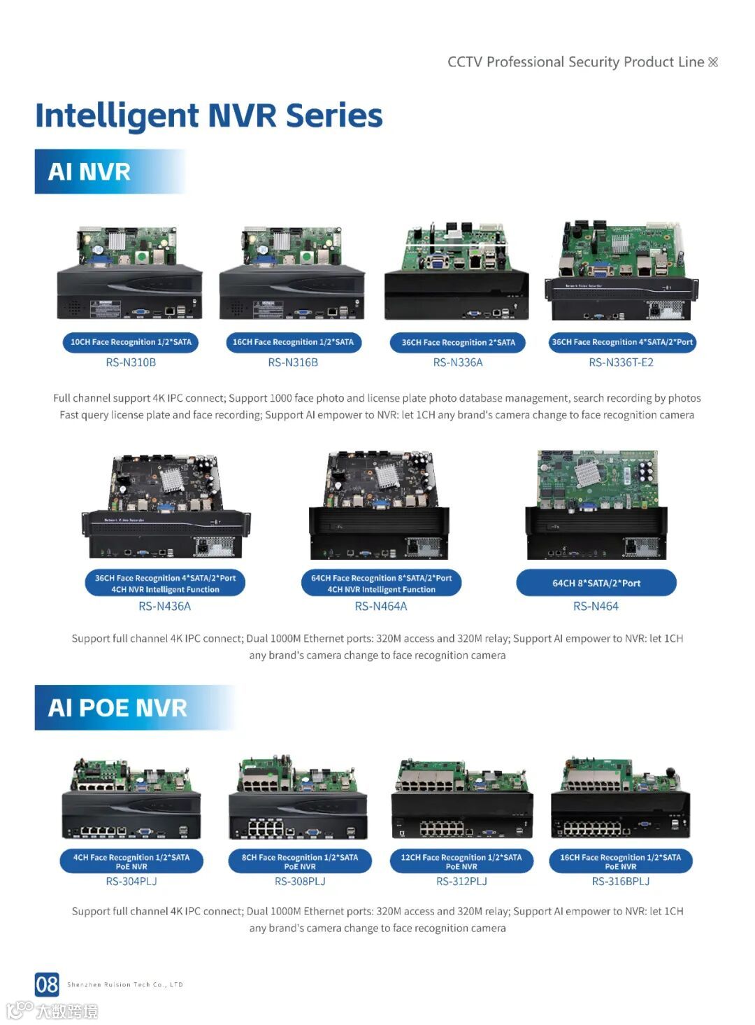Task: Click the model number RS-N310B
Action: point(131,362)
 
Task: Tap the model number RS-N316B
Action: point(293,362)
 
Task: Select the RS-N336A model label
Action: point(458,362)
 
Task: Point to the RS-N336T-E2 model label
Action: point(621,362)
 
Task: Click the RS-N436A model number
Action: point(164,607)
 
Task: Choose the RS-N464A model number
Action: point(381,607)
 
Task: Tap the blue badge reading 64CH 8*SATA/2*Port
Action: point(596,583)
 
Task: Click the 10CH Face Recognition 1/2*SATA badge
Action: point(131,342)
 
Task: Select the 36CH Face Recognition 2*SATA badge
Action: point(458,342)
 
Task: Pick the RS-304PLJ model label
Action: point(131,882)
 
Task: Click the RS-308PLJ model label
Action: point(300,882)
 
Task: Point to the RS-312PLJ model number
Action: point(461,882)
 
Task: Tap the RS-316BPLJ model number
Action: point(621,882)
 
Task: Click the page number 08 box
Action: point(47,984)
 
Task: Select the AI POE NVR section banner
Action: point(135,707)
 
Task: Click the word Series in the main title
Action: point(334,115)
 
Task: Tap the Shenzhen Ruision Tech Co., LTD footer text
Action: point(125,984)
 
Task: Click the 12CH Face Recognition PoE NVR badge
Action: point(461,861)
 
